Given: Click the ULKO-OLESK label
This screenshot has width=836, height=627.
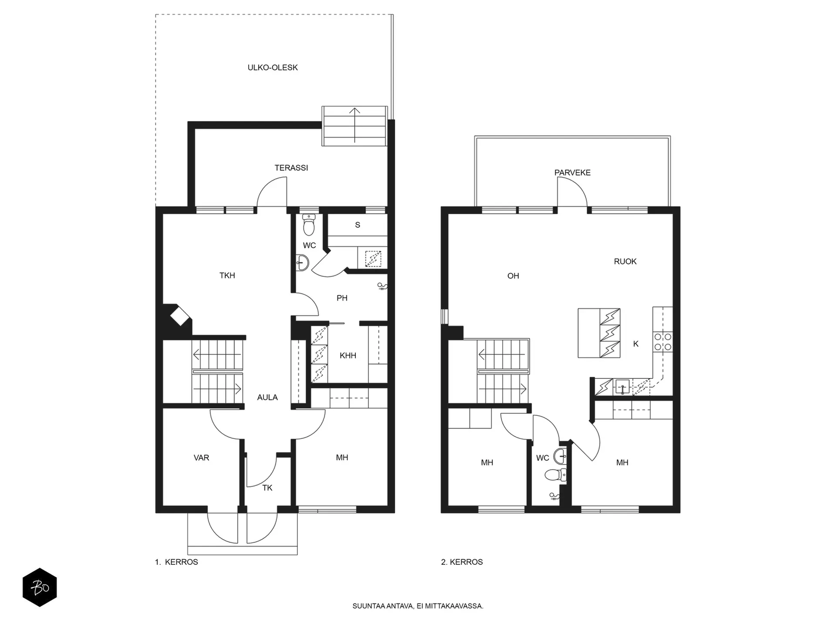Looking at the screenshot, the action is (x=272, y=68).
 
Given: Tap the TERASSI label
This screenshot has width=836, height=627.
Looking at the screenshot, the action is (x=291, y=168).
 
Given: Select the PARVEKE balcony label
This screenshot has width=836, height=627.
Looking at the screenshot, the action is (x=572, y=173).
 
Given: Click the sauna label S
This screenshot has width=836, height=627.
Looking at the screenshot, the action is (x=357, y=225).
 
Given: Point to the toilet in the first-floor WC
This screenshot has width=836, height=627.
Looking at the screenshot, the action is (x=308, y=225).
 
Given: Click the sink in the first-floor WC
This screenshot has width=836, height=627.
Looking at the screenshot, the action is (x=303, y=263).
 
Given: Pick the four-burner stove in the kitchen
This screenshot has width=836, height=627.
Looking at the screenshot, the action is (x=663, y=342).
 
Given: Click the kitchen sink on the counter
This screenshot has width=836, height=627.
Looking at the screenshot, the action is (x=622, y=387).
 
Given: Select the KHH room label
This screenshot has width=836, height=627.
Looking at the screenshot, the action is (x=348, y=356).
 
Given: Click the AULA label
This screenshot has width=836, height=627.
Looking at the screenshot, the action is (x=267, y=398).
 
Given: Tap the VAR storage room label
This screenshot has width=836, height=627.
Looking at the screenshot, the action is (x=201, y=458).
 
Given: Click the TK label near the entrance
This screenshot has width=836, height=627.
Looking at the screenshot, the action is (x=267, y=487).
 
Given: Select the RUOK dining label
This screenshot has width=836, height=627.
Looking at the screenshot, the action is (x=625, y=262).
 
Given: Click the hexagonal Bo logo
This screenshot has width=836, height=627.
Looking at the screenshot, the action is (x=40, y=587).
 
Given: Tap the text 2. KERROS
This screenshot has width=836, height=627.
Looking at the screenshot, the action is (x=461, y=562).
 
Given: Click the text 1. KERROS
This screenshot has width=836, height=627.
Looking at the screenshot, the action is (x=176, y=562).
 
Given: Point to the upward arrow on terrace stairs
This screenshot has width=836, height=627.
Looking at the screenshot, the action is (x=355, y=125).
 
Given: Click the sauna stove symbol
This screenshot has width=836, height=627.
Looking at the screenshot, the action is (x=373, y=259).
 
